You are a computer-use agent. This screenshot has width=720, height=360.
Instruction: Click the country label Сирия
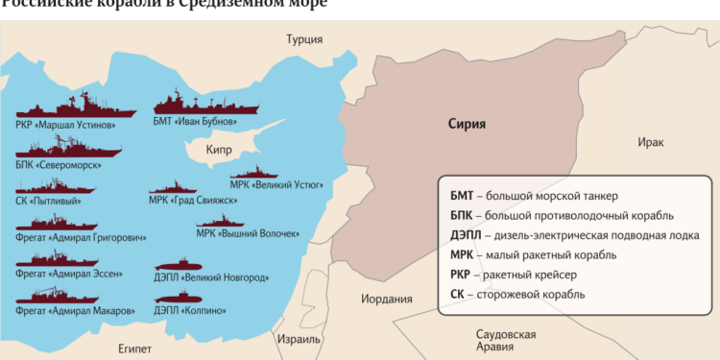[468, 124]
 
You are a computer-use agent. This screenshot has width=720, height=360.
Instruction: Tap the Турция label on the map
[304, 39]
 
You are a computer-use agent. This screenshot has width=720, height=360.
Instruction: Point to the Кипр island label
[221, 151]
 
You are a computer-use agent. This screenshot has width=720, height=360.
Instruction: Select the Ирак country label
[650, 142]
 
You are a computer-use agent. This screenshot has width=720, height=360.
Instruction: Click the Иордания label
[386, 299]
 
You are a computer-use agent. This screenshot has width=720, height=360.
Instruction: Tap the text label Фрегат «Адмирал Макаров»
[68, 311]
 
